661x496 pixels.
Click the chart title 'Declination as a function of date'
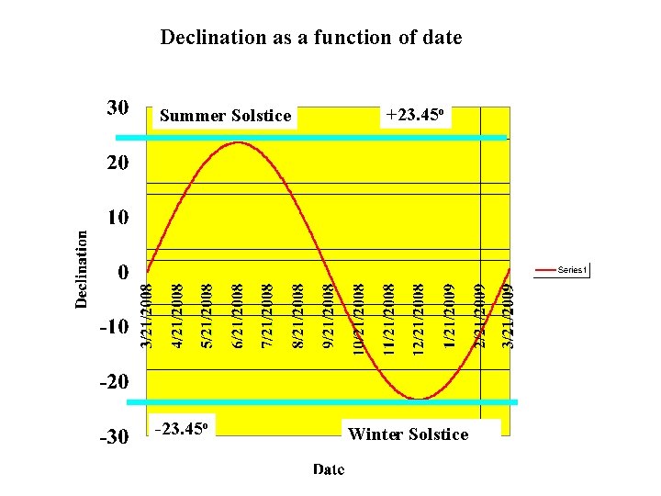311,38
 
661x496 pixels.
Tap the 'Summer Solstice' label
225,116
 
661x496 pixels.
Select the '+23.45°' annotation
416,115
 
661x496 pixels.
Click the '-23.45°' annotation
185,428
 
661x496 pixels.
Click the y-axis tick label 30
117,108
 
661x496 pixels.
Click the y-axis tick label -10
113,327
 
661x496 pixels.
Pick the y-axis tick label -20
113,381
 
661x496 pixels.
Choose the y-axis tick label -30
113,437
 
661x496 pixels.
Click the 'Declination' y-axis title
83,267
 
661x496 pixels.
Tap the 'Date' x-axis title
329,469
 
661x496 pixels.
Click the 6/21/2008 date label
238,315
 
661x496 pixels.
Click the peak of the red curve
238,142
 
